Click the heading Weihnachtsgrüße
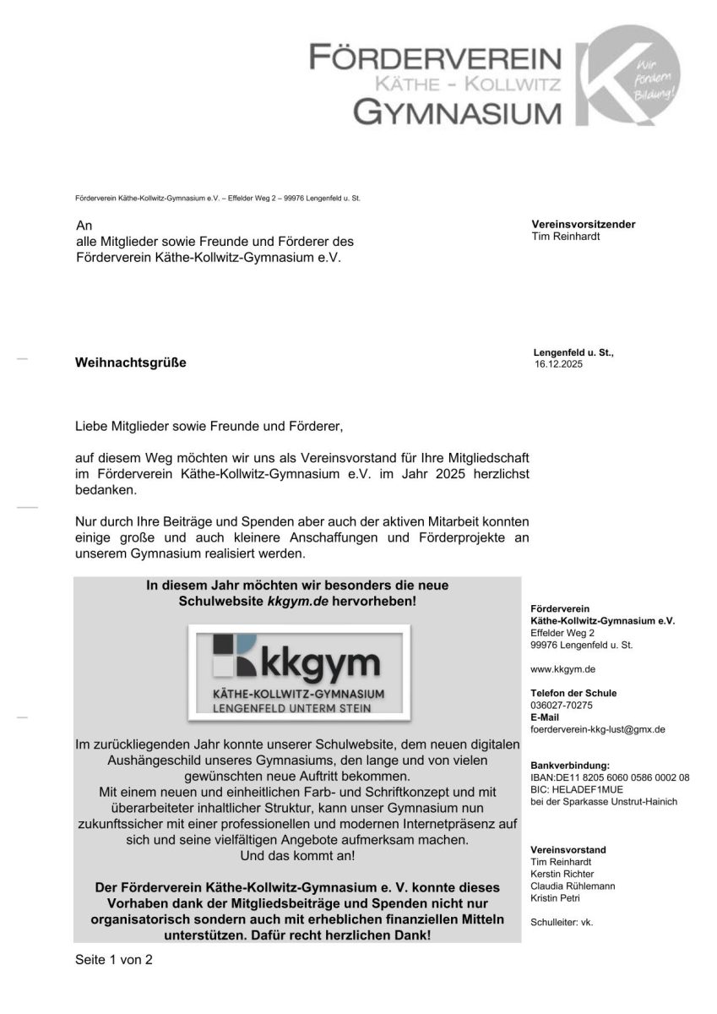[130, 363]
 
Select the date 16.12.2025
[558, 365]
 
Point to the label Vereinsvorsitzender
[584, 224]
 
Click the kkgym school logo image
[299, 673]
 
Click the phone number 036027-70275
[562, 705]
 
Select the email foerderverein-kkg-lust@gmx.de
[598, 728]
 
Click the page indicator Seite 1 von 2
[114, 960]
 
